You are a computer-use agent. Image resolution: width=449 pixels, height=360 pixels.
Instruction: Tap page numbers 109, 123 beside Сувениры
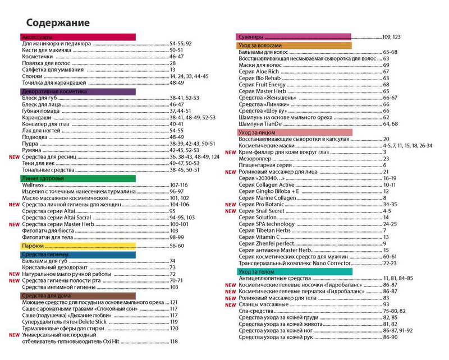[x=392, y=37]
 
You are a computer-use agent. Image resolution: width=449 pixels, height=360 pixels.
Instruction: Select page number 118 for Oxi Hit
[x=174, y=341]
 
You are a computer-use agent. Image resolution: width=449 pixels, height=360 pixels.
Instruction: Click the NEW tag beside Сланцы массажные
[x=230, y=304]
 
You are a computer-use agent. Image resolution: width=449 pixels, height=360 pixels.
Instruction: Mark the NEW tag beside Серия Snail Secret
[x=230, y=211]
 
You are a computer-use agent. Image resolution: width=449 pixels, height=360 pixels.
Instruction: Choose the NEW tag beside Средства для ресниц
[x=14, y=157]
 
